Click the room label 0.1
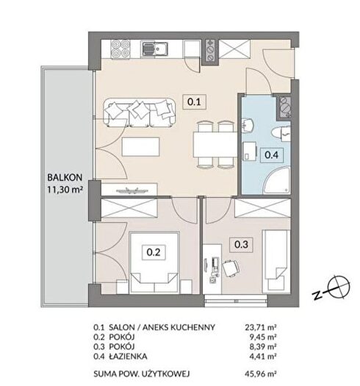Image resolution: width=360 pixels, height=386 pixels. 194,101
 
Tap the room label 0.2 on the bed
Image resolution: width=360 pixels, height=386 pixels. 154,252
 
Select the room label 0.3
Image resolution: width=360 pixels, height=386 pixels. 241,244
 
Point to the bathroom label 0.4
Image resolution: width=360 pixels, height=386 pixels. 271,155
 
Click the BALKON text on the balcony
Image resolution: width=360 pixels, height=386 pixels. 65,177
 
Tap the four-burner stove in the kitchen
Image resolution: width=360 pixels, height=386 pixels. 120,49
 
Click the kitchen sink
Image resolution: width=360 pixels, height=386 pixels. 155,49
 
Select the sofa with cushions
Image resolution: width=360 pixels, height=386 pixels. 140,112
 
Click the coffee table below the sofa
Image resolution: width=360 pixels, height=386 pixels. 141,147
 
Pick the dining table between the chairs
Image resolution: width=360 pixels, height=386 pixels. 215,145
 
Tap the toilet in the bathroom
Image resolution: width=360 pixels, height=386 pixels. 281,133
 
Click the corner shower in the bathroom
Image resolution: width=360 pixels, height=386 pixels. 277,180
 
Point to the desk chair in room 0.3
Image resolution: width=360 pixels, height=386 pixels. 231,268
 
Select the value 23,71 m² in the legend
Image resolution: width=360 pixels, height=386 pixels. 261,327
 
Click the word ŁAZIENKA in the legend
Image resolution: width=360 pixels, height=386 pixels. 128,356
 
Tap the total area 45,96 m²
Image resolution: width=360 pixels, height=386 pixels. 261,374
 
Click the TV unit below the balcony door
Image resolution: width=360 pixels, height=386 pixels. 129,190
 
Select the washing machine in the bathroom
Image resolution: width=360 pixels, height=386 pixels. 250,151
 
